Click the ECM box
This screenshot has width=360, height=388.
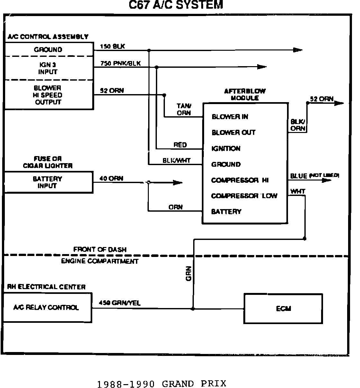[283, 308]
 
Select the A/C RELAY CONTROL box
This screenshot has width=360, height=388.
[47, 308]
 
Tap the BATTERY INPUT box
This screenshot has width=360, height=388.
[48, 182]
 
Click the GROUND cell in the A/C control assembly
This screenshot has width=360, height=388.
[48, 50]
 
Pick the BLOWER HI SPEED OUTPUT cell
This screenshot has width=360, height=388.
[48, 95]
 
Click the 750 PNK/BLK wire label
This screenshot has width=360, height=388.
[120, 63]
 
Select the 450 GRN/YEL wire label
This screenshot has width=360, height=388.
[120, 303]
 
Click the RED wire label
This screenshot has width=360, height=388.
[180, 145]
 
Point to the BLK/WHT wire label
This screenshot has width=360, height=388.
[176, 161]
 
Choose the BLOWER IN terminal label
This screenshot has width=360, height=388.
[230, 117]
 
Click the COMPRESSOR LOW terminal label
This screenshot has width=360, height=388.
[244, 196]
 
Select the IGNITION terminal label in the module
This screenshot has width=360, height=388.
[226, 148]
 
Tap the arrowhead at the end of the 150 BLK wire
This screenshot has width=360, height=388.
[298, 50]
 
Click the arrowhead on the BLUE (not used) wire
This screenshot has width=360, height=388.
[326, 180]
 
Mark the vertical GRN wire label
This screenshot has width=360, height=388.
[189, 273]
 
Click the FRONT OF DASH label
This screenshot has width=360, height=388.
[100, 249]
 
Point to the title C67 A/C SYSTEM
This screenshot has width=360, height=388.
[175, 5]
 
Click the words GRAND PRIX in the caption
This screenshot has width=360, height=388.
[194, 384]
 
